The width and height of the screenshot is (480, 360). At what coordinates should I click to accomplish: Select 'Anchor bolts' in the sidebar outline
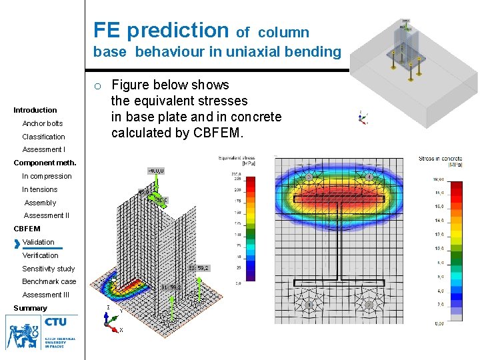tap(43, 123)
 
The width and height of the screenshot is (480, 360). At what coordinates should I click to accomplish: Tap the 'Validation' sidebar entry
tap(39, 242)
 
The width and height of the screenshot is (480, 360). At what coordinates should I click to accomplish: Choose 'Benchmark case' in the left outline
tap(49, 281)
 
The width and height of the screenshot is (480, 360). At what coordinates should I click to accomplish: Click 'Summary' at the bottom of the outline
tap(30, 308)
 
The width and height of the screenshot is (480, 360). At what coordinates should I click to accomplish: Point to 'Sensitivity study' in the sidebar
tap(49, 269)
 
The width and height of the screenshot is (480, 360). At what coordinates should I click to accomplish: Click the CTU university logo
tap(41, 332)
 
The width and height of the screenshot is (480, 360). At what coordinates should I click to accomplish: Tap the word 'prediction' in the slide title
tap(177, 30)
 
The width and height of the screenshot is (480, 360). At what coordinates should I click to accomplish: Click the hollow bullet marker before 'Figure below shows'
tap(97, 86)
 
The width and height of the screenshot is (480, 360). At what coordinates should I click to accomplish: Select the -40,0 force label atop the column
tap(155, 171)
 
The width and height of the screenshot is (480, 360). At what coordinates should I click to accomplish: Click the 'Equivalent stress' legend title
tap(237, 159)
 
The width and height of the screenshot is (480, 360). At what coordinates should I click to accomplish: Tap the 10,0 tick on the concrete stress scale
tap(439, 249)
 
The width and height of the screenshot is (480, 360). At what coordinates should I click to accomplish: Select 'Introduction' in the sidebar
tap(35, 110)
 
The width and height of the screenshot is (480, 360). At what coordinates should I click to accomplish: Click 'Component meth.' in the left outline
tap(45, 163)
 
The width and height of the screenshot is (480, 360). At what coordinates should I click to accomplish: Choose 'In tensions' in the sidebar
tap(40, 189)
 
